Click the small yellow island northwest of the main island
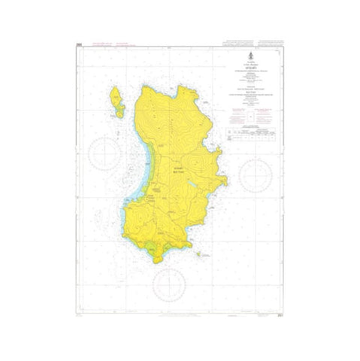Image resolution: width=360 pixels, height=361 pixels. tap(116, 99)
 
